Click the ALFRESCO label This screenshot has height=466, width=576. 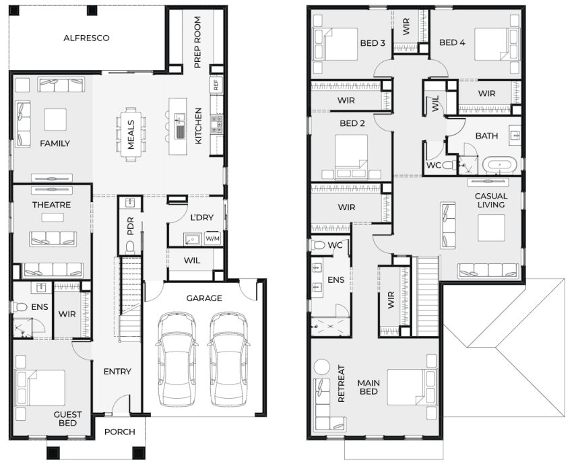86,38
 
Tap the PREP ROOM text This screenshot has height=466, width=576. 197,42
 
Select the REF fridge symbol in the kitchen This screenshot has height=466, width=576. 216,85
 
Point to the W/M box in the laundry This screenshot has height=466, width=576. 212,238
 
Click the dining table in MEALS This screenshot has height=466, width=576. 131,135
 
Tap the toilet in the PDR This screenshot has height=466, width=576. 130,248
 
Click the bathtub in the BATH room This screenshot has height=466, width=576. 499,165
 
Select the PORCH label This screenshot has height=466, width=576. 120,432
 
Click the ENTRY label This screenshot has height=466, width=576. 117,372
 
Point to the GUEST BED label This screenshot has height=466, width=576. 67,419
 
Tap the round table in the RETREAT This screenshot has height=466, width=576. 323,367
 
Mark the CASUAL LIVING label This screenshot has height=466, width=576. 491,201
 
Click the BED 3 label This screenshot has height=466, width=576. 373,43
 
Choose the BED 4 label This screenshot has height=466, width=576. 452,42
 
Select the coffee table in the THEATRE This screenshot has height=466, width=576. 53,218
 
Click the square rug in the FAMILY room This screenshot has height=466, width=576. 55,119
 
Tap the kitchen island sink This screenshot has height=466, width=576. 180,126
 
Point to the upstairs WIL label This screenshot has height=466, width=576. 436,104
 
